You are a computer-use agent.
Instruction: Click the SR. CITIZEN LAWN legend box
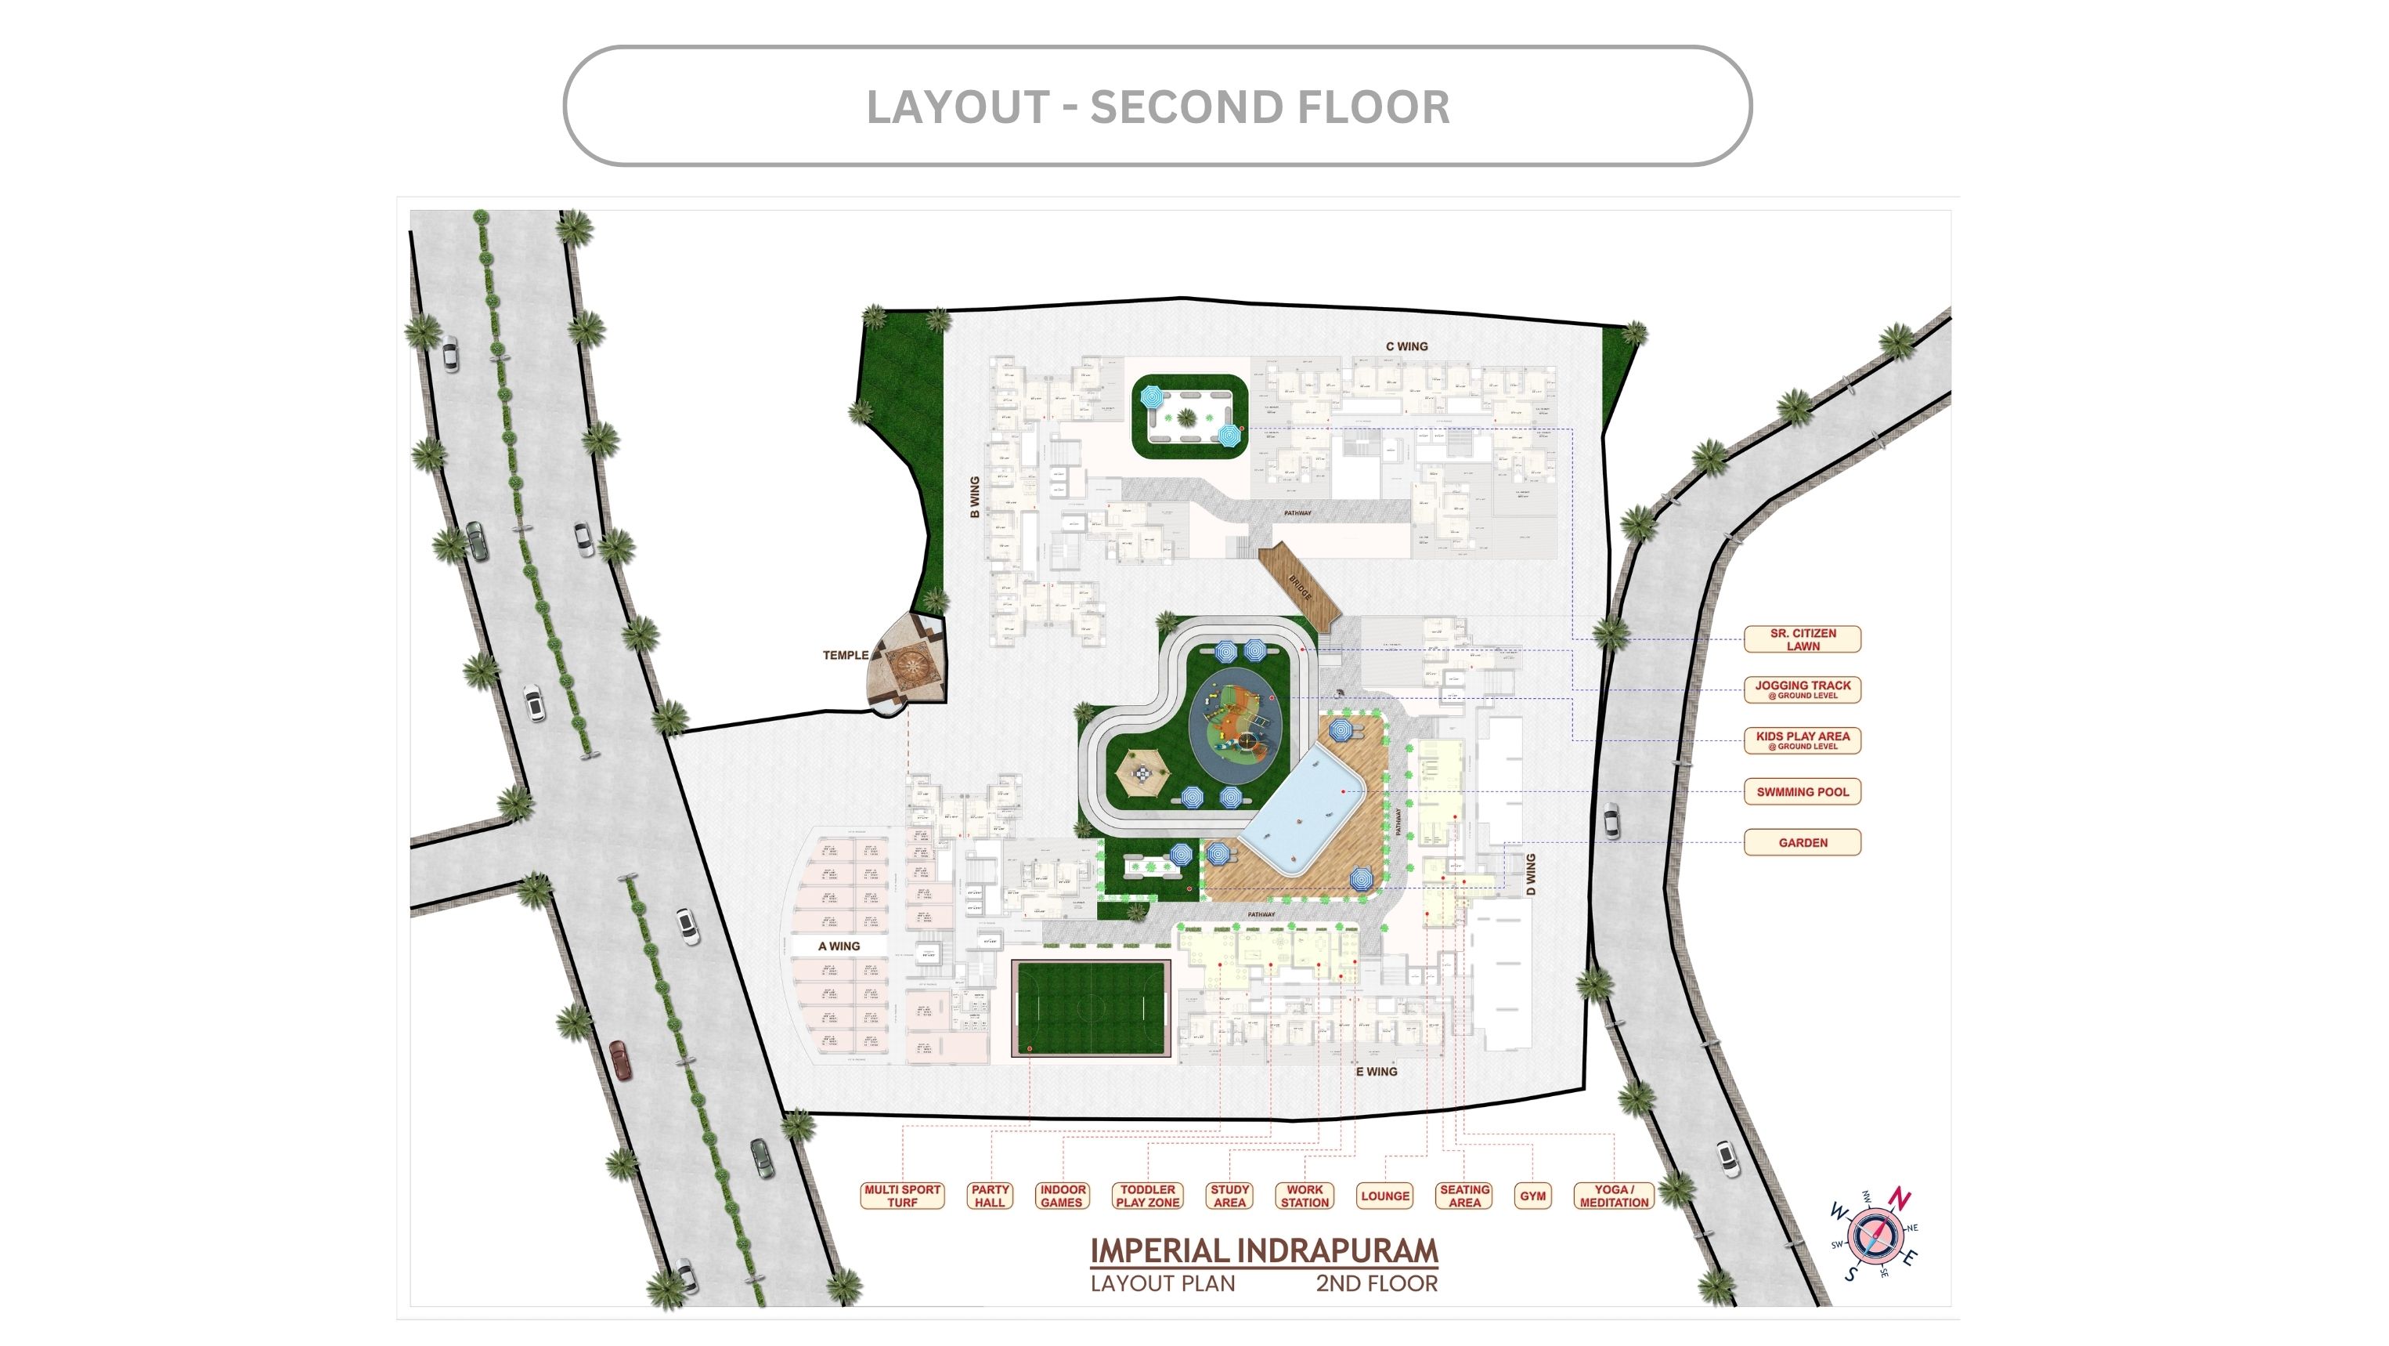pos(1802,639)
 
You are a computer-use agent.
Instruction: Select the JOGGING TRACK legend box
pos(1802,689)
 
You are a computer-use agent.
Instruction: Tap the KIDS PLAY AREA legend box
pos(1802,740)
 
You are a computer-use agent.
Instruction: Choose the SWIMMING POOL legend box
pos(1802,792)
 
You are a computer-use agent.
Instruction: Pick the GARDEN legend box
pos(1802,842)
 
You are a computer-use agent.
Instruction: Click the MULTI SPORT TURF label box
pos(901,1196)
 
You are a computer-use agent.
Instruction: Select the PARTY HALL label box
pos(990,1196)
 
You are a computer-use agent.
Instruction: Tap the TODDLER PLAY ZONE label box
pos(1147,1196)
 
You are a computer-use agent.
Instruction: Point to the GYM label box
pos(1532,1196)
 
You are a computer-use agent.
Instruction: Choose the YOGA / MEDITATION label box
pos(1614,1196)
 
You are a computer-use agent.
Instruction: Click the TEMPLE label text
pos(845,655)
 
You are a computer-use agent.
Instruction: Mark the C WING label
pos(1406,346)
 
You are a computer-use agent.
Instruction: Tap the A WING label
pos(839,946)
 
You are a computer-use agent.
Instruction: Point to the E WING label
pos(1377,1072)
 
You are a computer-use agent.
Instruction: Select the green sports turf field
pos(1091,1009)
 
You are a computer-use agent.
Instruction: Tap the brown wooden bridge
pos(1298,585)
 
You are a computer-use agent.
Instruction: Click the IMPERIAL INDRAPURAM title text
pos(1263,1250)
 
